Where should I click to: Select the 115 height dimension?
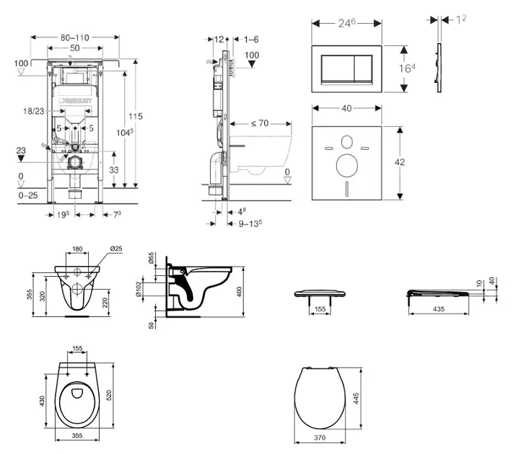[x=135, y=117]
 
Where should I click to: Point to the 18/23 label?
[x=34, y=110]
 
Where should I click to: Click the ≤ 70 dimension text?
[x=260, y=123]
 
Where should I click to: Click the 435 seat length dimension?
[x=439, y=308]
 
